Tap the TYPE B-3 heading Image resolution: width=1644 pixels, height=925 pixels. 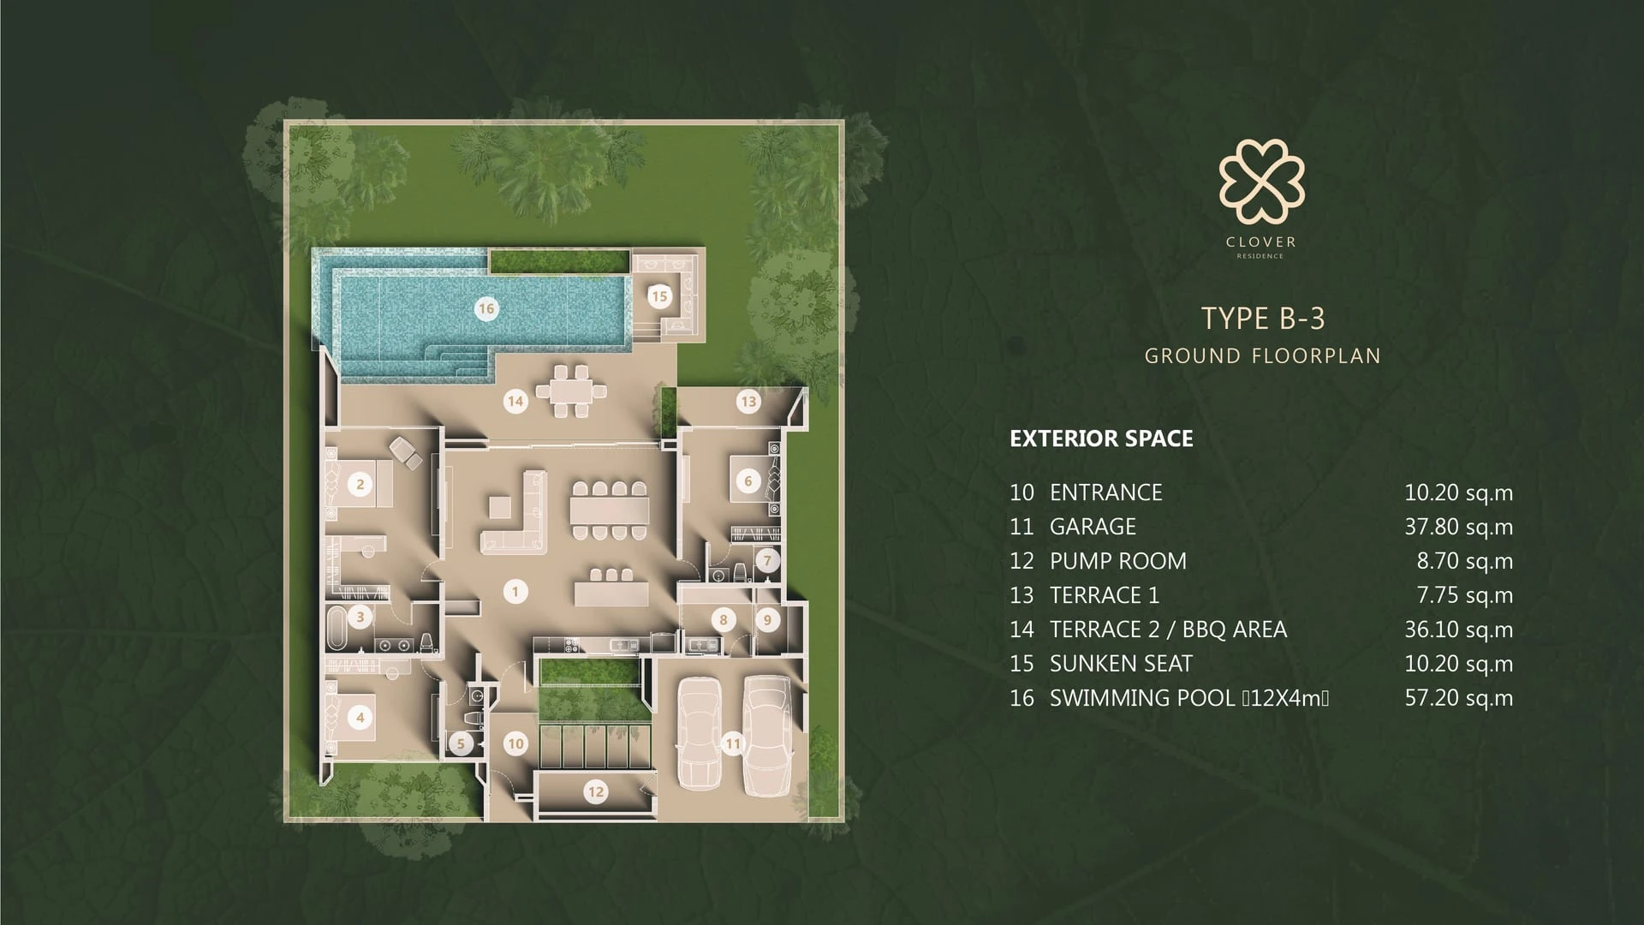1263,319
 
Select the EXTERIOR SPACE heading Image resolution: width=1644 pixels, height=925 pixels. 1101,439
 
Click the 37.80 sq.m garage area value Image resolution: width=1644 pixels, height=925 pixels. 1458,527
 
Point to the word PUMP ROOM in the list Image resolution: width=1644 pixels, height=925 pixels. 1118,561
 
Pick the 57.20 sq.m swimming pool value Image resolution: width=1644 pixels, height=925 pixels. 1458,698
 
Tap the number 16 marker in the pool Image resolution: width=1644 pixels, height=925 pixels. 486,308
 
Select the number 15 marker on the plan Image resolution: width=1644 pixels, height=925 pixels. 659,296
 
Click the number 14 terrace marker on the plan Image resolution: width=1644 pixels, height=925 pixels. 515,400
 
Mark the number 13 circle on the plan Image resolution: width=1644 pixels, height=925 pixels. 748,401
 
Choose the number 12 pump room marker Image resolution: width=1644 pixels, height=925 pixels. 595,792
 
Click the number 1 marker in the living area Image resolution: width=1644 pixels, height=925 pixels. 515,591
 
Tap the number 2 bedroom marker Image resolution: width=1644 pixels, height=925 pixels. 360,484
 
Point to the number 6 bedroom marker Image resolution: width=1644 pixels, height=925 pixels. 748,480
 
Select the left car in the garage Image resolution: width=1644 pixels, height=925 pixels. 700,733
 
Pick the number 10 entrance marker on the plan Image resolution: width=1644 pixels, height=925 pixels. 515,743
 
